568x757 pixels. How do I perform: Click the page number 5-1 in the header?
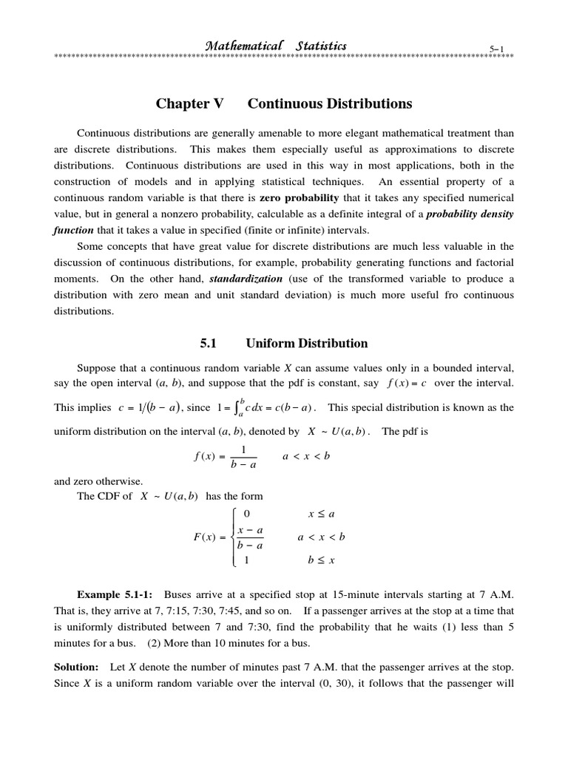[x=496, y=49]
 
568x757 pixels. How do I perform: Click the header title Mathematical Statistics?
[x=275, y=46]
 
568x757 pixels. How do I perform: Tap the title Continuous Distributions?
[x=330, y=104]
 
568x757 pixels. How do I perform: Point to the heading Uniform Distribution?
[x=318, y=343]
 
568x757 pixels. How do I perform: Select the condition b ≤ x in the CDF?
[x=321, y=560]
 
